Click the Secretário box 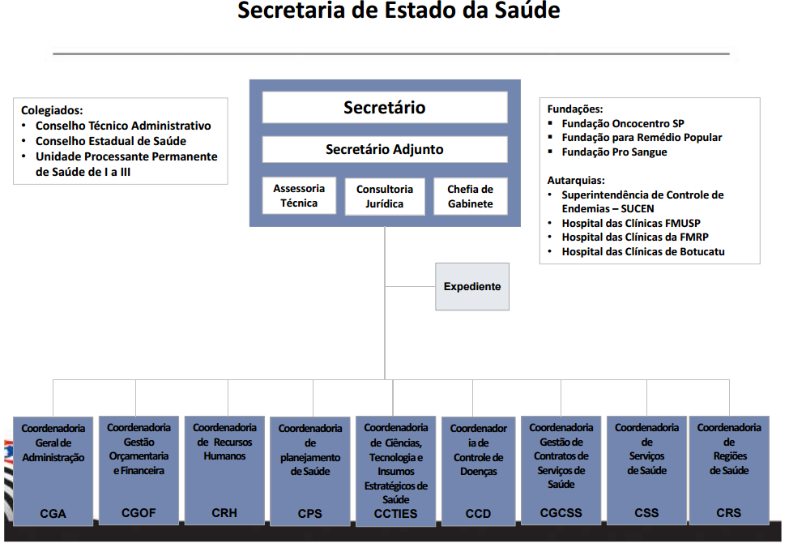pyautogui.click(x=385, y=107)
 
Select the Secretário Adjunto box pyautogui.click(x=385, y=149)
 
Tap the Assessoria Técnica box pyautogui.click(x=299, y=196)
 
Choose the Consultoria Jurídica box pyautogui.click(x=385, y=196)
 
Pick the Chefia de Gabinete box pyautogui.click(x=471, y=196)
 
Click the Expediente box pyautogui.click(x=472, y=287)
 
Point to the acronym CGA pyautogui.click(x=53, y=514)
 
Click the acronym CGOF pyautogui.click(x=139, y=513)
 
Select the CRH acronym pyautogui.click(x=224, y=513)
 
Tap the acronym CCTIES pyautogui.click(x=395, y=514)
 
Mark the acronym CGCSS pyautogui.click(x=561, y=513)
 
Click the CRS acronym pyautogui.click(x=728, y=513)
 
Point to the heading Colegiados pyautogui.click(x=52, y=110)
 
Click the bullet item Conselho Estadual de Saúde pyautogui.click(x=111, y=141)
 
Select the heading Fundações pyautogui.click(x=575, y=109)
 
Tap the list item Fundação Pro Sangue pyautogui.click(x=614, y=152)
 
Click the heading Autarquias pyautogui.click(x=576, y=180)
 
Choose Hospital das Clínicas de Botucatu pyautogui.click(x=643, y=251)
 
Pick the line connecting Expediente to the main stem pyautogui.click(x=410, y=287)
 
